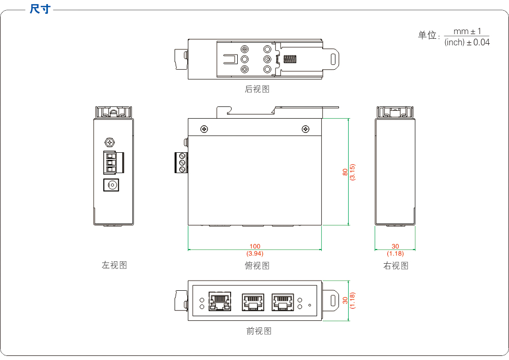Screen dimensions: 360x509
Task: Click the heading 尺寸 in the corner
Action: (40, 9)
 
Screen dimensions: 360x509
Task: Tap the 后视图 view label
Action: (257, 89)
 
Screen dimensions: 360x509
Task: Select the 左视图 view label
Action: (114, 265)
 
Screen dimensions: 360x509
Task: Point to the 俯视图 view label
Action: (257, 265)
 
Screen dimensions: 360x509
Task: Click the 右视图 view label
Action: (395, 265)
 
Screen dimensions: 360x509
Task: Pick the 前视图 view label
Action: (259, 331)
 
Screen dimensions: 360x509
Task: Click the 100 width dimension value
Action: (254, 246)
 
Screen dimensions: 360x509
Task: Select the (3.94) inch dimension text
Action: (254, 253)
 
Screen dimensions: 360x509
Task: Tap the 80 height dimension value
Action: (345, 172)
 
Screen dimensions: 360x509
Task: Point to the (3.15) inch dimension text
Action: (352, 172)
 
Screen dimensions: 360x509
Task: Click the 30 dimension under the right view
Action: (395, 246)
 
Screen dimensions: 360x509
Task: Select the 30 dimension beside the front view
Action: (345, 300)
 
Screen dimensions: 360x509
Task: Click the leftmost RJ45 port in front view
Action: (220, 301)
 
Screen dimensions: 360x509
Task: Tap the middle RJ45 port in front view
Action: (253, 301)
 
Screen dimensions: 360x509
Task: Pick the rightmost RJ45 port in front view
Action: (283, 301)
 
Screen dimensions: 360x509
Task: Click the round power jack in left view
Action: (111, 185)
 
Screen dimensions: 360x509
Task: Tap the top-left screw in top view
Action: (204, 129)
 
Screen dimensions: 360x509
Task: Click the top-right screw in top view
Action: (305, 129)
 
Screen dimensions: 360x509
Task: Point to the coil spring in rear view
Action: (290, 59)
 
